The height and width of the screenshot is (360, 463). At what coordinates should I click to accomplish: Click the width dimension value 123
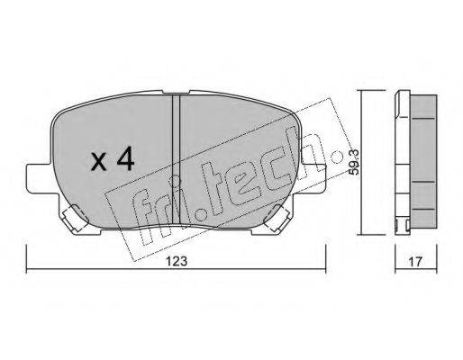tap(177, 261)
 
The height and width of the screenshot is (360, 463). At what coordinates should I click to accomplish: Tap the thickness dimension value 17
tap(415, 261)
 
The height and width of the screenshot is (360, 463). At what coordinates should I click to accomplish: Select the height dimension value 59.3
tap(354, 162)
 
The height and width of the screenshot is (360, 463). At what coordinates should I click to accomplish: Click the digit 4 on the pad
tap(125, 159)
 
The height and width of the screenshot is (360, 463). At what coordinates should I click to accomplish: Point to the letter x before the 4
tap(99, 164)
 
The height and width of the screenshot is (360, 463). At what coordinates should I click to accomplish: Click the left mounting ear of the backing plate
tap(39, 179)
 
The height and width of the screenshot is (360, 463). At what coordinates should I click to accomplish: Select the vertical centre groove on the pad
tap(176, 159)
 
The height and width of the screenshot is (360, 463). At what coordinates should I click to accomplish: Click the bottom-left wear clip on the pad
tap(74, 218)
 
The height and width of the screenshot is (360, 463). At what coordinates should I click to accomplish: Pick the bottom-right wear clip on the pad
tap(277, 218)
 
